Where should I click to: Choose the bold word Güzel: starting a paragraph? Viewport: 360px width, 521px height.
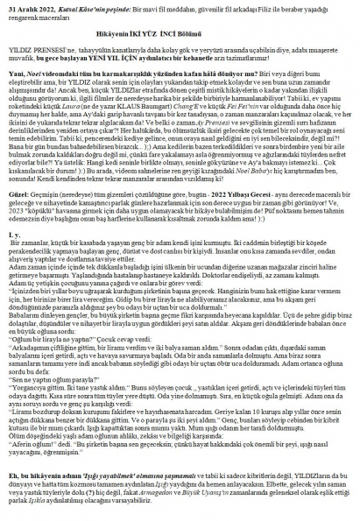tap(19, 197)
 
